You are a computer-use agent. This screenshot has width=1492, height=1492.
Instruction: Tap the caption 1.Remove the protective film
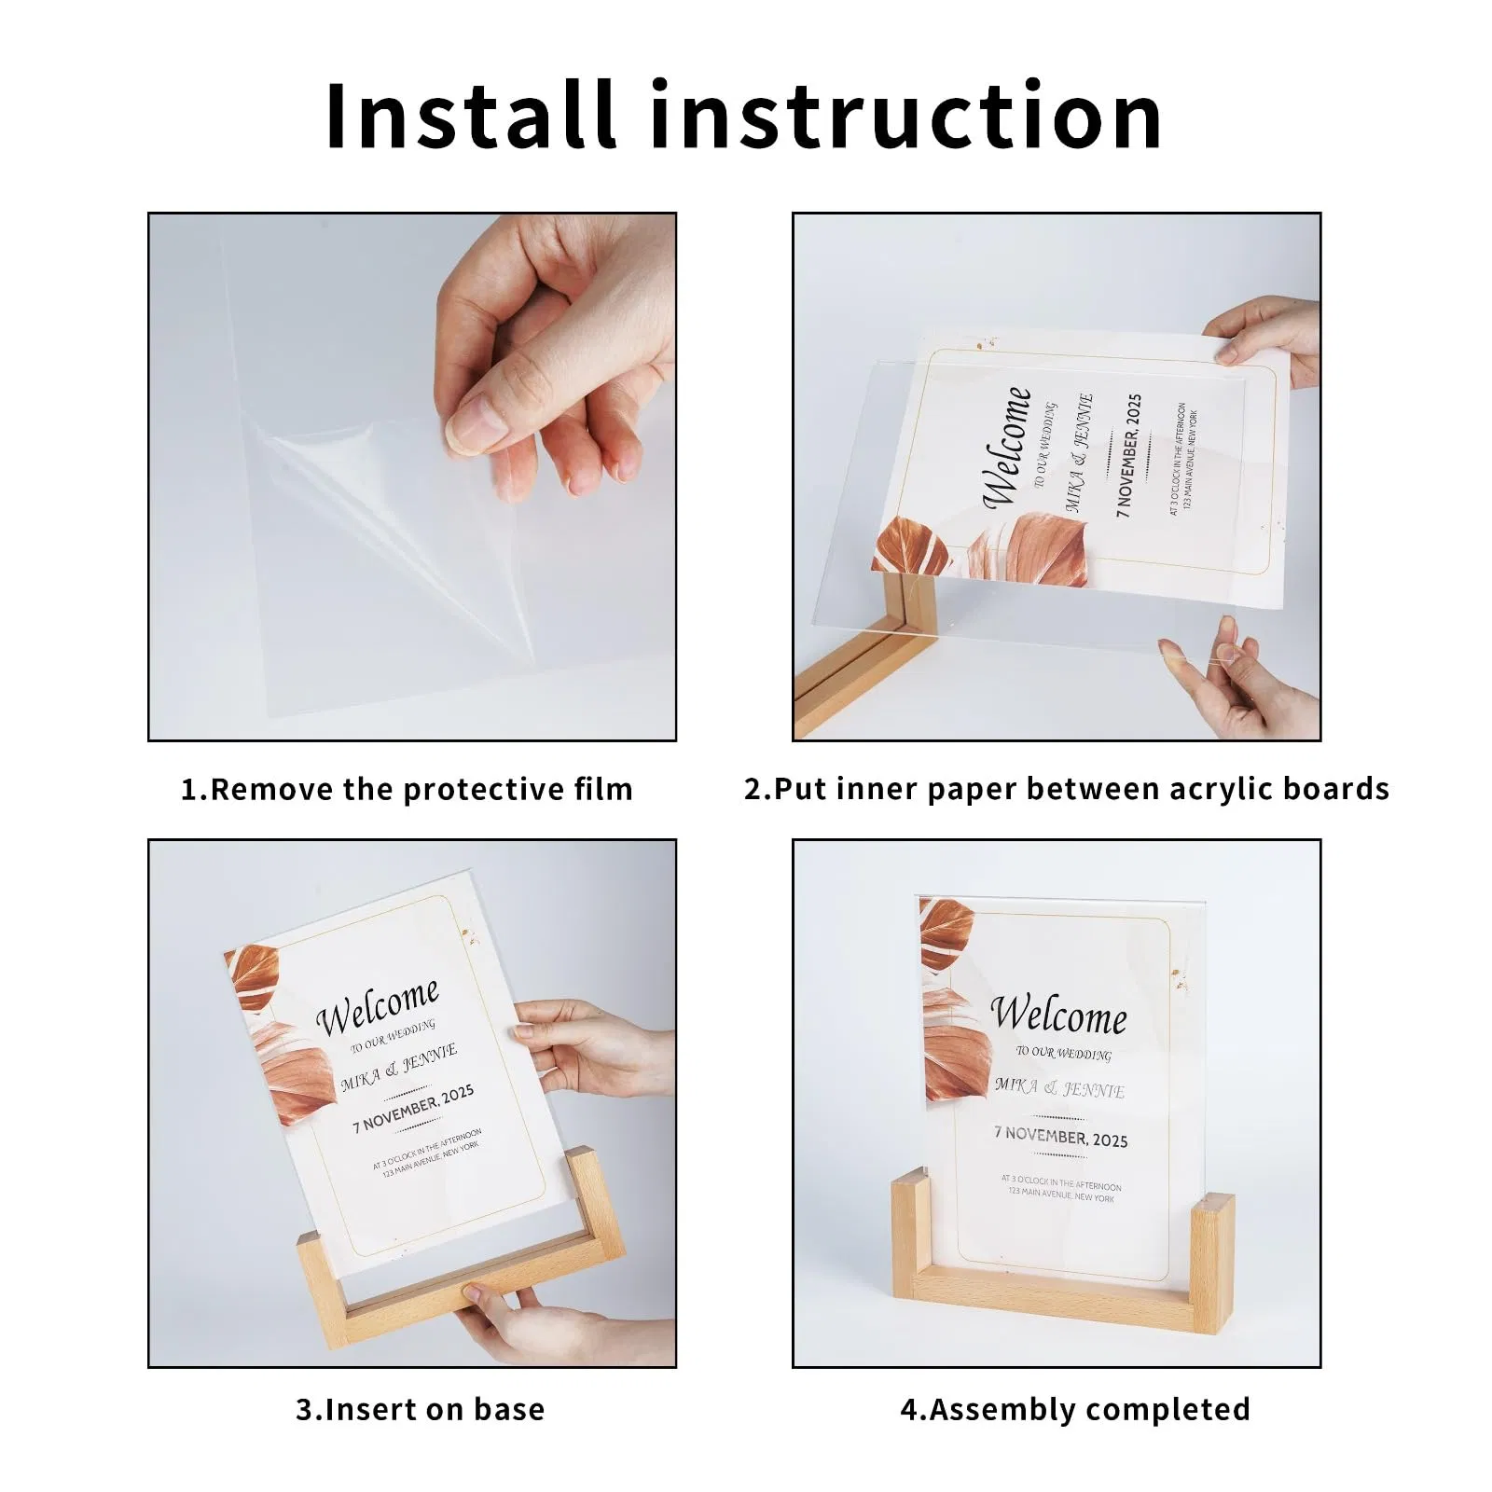click(407, 789)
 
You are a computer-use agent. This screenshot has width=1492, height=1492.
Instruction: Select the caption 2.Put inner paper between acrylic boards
click(1067, 789)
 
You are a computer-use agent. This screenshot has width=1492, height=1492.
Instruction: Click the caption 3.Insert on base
click(420, 1409)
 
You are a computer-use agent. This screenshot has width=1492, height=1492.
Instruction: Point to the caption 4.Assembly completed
click(1074, 1409)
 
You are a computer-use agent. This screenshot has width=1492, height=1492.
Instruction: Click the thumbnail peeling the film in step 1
click(412, 477)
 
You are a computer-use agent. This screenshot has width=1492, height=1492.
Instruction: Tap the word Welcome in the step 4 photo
click(1058, 1015)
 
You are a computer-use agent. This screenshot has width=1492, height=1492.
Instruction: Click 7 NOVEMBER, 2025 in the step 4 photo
click(1060, 1137)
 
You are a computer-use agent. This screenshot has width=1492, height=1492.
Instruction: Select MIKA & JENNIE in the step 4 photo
click(1059, 1087)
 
